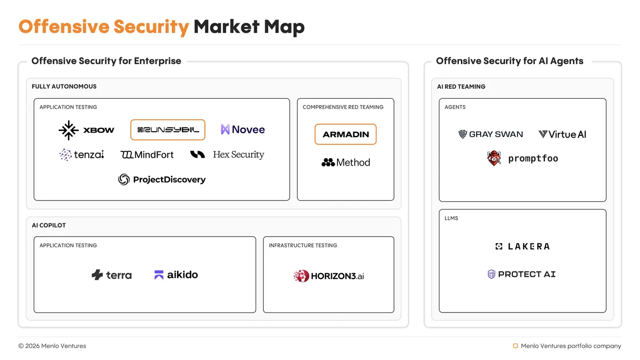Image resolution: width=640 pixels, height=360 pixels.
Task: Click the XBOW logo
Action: (x=86, y=130)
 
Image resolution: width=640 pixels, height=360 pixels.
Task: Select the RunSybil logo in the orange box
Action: (x=168, y=130)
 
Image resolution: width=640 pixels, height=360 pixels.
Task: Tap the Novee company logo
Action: (x=243, y=130)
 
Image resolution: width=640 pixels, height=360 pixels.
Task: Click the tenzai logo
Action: (x=82, y=155)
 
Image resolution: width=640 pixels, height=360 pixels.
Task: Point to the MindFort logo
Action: (x=147, y=155)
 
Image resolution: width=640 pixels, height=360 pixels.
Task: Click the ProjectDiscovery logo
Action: (x=162, y=180)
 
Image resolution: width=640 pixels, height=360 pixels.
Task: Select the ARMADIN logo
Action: (x=346, y=134)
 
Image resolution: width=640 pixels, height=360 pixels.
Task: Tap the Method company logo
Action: (x=346, y=162)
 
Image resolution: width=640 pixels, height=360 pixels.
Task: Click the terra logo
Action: (x=112, y=275)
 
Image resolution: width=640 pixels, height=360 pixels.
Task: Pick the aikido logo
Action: (x=176, y=275)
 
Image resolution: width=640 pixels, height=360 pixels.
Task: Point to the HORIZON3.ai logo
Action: (x=329, y=276)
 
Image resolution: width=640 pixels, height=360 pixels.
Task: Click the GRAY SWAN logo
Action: (x=491, y=134)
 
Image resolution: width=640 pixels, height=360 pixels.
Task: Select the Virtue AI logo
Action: (x=562, y=134)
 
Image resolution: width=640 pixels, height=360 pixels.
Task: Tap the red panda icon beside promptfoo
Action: (x=494, y=159)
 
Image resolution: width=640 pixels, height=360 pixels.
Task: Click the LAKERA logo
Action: (x=523, y=246)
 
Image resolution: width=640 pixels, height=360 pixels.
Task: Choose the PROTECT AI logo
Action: (x=522, y=274)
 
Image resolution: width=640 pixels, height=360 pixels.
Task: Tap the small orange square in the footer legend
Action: (x=515, y=346)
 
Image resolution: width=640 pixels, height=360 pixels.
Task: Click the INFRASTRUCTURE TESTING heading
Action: (x=303, y=245)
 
